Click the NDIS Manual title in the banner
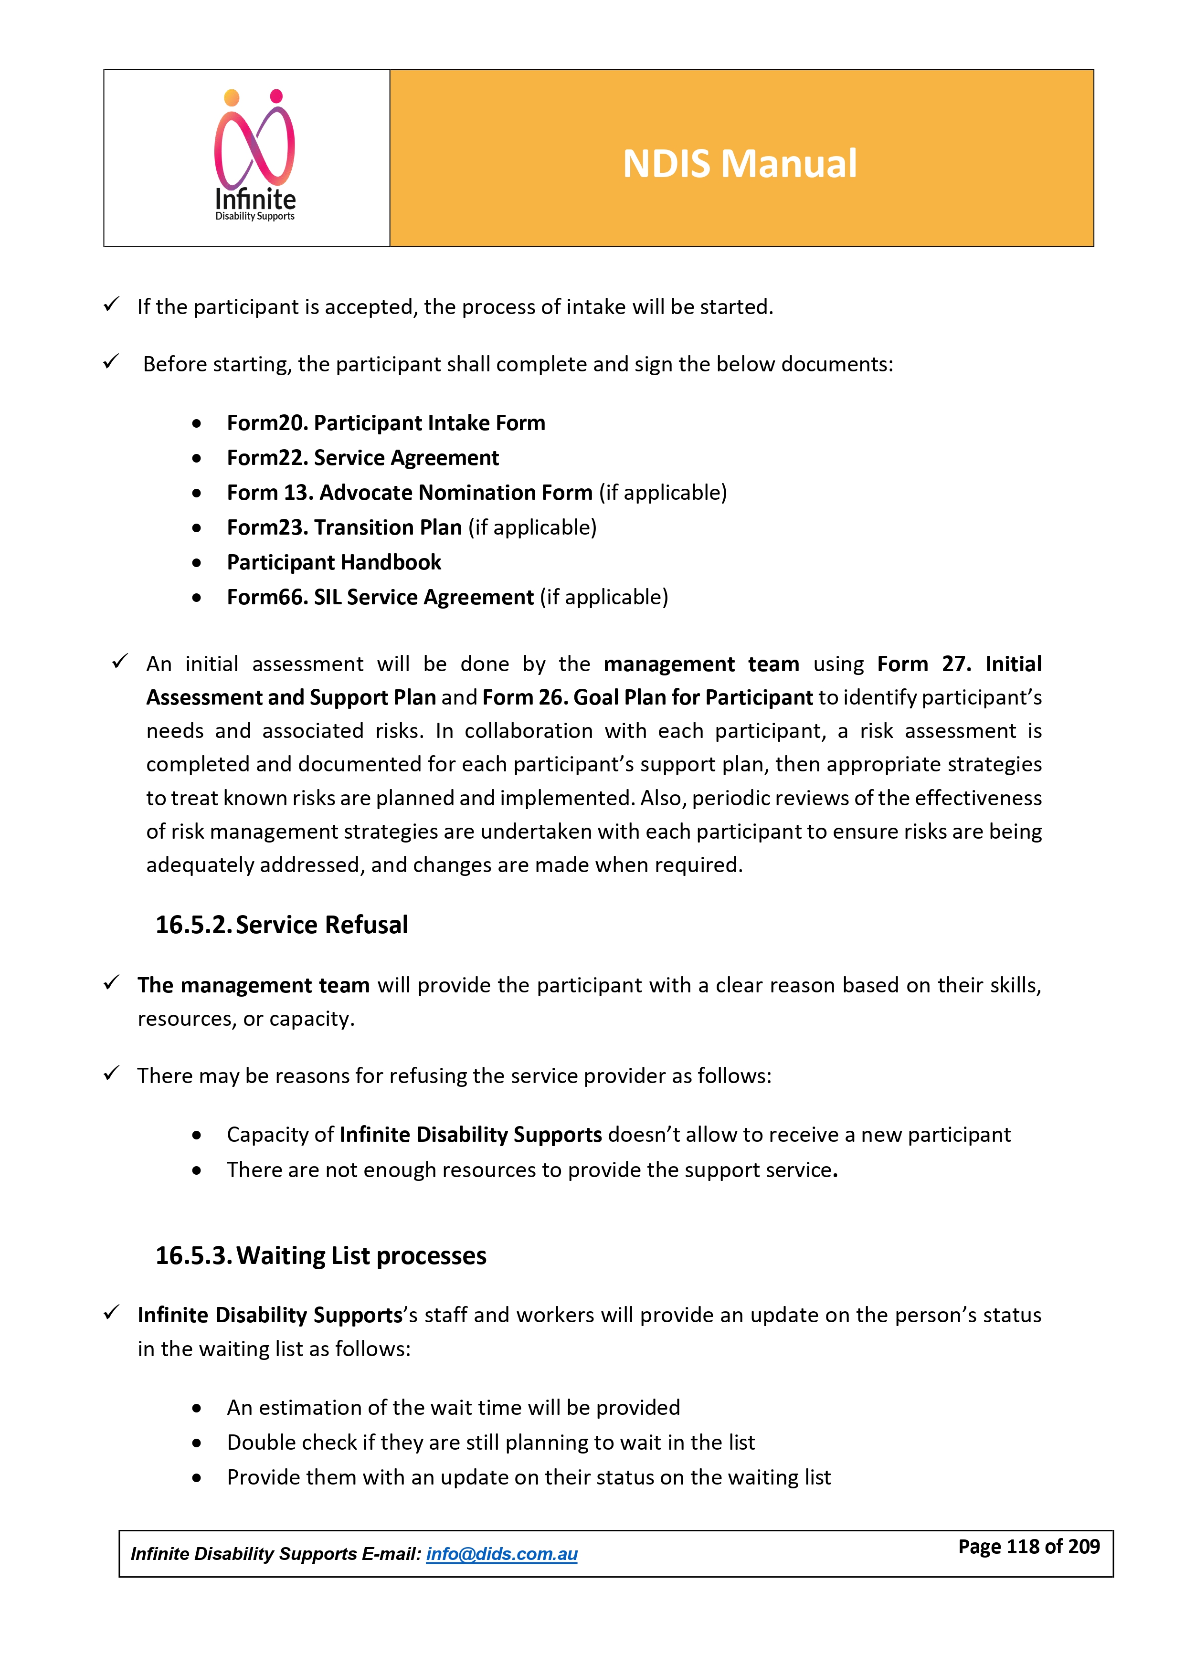739,163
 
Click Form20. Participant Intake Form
385,422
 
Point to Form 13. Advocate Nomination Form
409,493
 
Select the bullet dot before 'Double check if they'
196,1443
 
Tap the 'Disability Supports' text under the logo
254,217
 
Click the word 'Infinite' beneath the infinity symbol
255,199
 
